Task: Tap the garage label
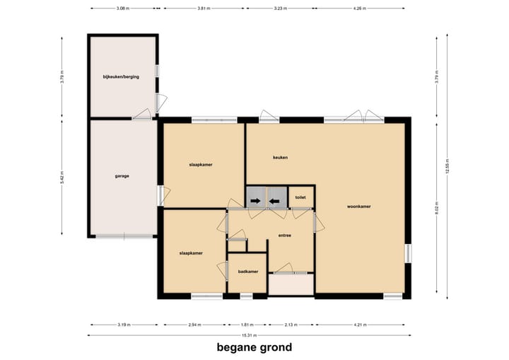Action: point(122,175)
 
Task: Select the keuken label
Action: point(281,157)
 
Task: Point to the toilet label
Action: point(300,197)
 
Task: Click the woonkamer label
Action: point(359,207)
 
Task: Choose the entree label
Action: point(285,235)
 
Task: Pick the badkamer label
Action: point(247,271)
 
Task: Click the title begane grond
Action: point(254,347)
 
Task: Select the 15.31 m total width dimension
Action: point(248,335)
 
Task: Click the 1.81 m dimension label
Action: point(245,325)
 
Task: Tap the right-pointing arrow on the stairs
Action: point(255,201)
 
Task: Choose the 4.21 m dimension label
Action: point(362,325)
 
